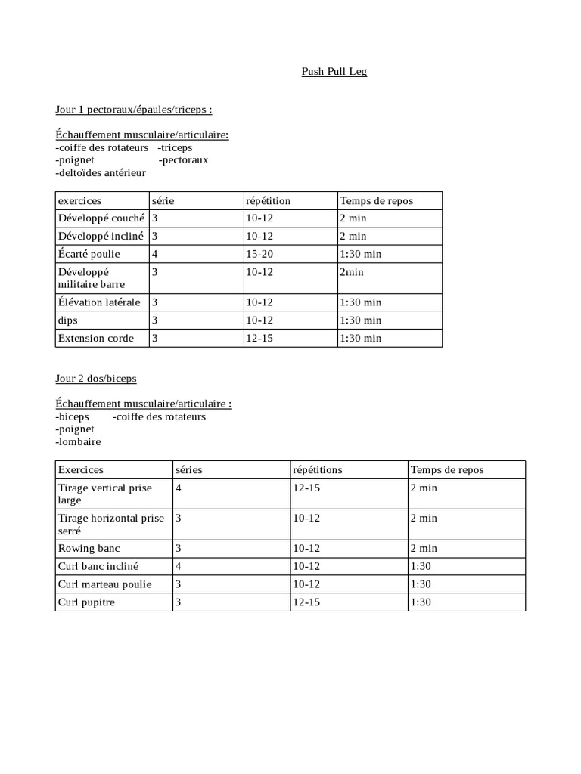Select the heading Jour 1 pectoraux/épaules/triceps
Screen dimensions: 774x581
[x=133, y=110]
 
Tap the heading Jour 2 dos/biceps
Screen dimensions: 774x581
[x=96, y=378]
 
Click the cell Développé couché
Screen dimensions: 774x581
[x=101, y=218]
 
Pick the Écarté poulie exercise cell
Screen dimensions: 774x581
[x=89, y=254]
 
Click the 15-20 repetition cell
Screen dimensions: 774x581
[x=259, y=254]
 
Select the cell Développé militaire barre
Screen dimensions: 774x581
[x=92, y=277]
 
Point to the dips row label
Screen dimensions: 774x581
[x=68, y=320]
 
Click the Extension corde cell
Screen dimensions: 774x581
[x=96, y=339]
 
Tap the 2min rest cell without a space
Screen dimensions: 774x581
[x=352, y=271]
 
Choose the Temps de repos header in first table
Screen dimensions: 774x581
[x=377, y=201]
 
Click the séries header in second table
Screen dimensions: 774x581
[x=188, y=470]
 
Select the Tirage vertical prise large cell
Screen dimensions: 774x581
[x=105, y=494]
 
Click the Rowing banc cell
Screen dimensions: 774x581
[x=89, y=548]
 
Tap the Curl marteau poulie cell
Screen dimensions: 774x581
[x=105, y=584]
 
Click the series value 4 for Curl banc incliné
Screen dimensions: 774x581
[x=179, y=566]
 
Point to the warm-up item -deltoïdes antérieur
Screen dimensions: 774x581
[x=101, y=173]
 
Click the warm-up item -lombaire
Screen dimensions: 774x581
[x=78, y=441]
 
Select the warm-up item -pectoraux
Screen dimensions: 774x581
[x=184, y=160]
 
